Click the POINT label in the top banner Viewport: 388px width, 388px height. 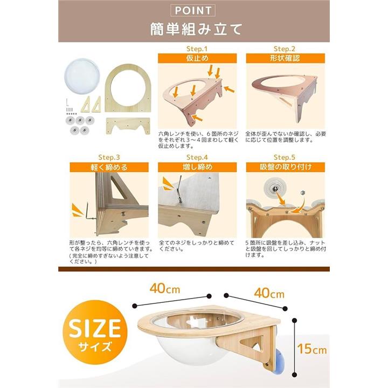(x=193, y=10)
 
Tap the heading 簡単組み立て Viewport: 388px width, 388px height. (x=196, y=29)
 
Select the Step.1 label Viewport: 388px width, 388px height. (x=197, y=48)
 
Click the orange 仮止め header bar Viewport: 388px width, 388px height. (x=197, y=58)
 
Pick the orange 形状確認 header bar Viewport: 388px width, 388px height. (x=285, y=58)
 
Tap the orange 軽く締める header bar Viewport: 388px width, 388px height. (x=109, y=167)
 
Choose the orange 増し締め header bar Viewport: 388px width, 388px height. (x=197, y=167)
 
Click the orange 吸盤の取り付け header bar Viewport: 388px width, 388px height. (x=285, y=167)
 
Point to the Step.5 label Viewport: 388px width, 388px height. (x=285, y=157)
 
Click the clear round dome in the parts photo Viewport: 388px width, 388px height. (x=82, y=75)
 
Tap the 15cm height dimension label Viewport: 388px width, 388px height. (x=312, y=349)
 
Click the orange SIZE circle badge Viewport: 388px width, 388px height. (x=95, y=332)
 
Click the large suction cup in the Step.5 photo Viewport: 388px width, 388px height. (x=275, y=189)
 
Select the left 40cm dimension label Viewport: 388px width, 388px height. (x=165, y=288)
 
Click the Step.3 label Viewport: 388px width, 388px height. (x=109, y=157)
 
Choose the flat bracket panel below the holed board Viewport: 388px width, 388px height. (x=128, y=126)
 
